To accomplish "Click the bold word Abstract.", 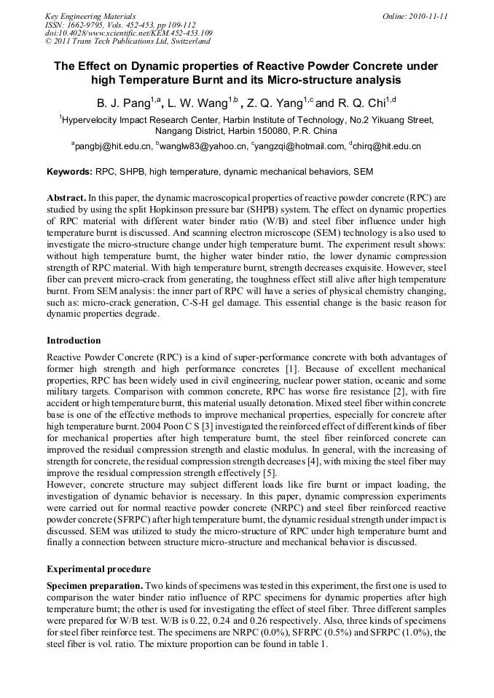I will pyautogui.click(x=66, y=198).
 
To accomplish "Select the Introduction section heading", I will pyautogui.click(x=74, y=341).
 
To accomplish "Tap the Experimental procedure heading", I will pyautogui.click(x=95, y=568).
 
